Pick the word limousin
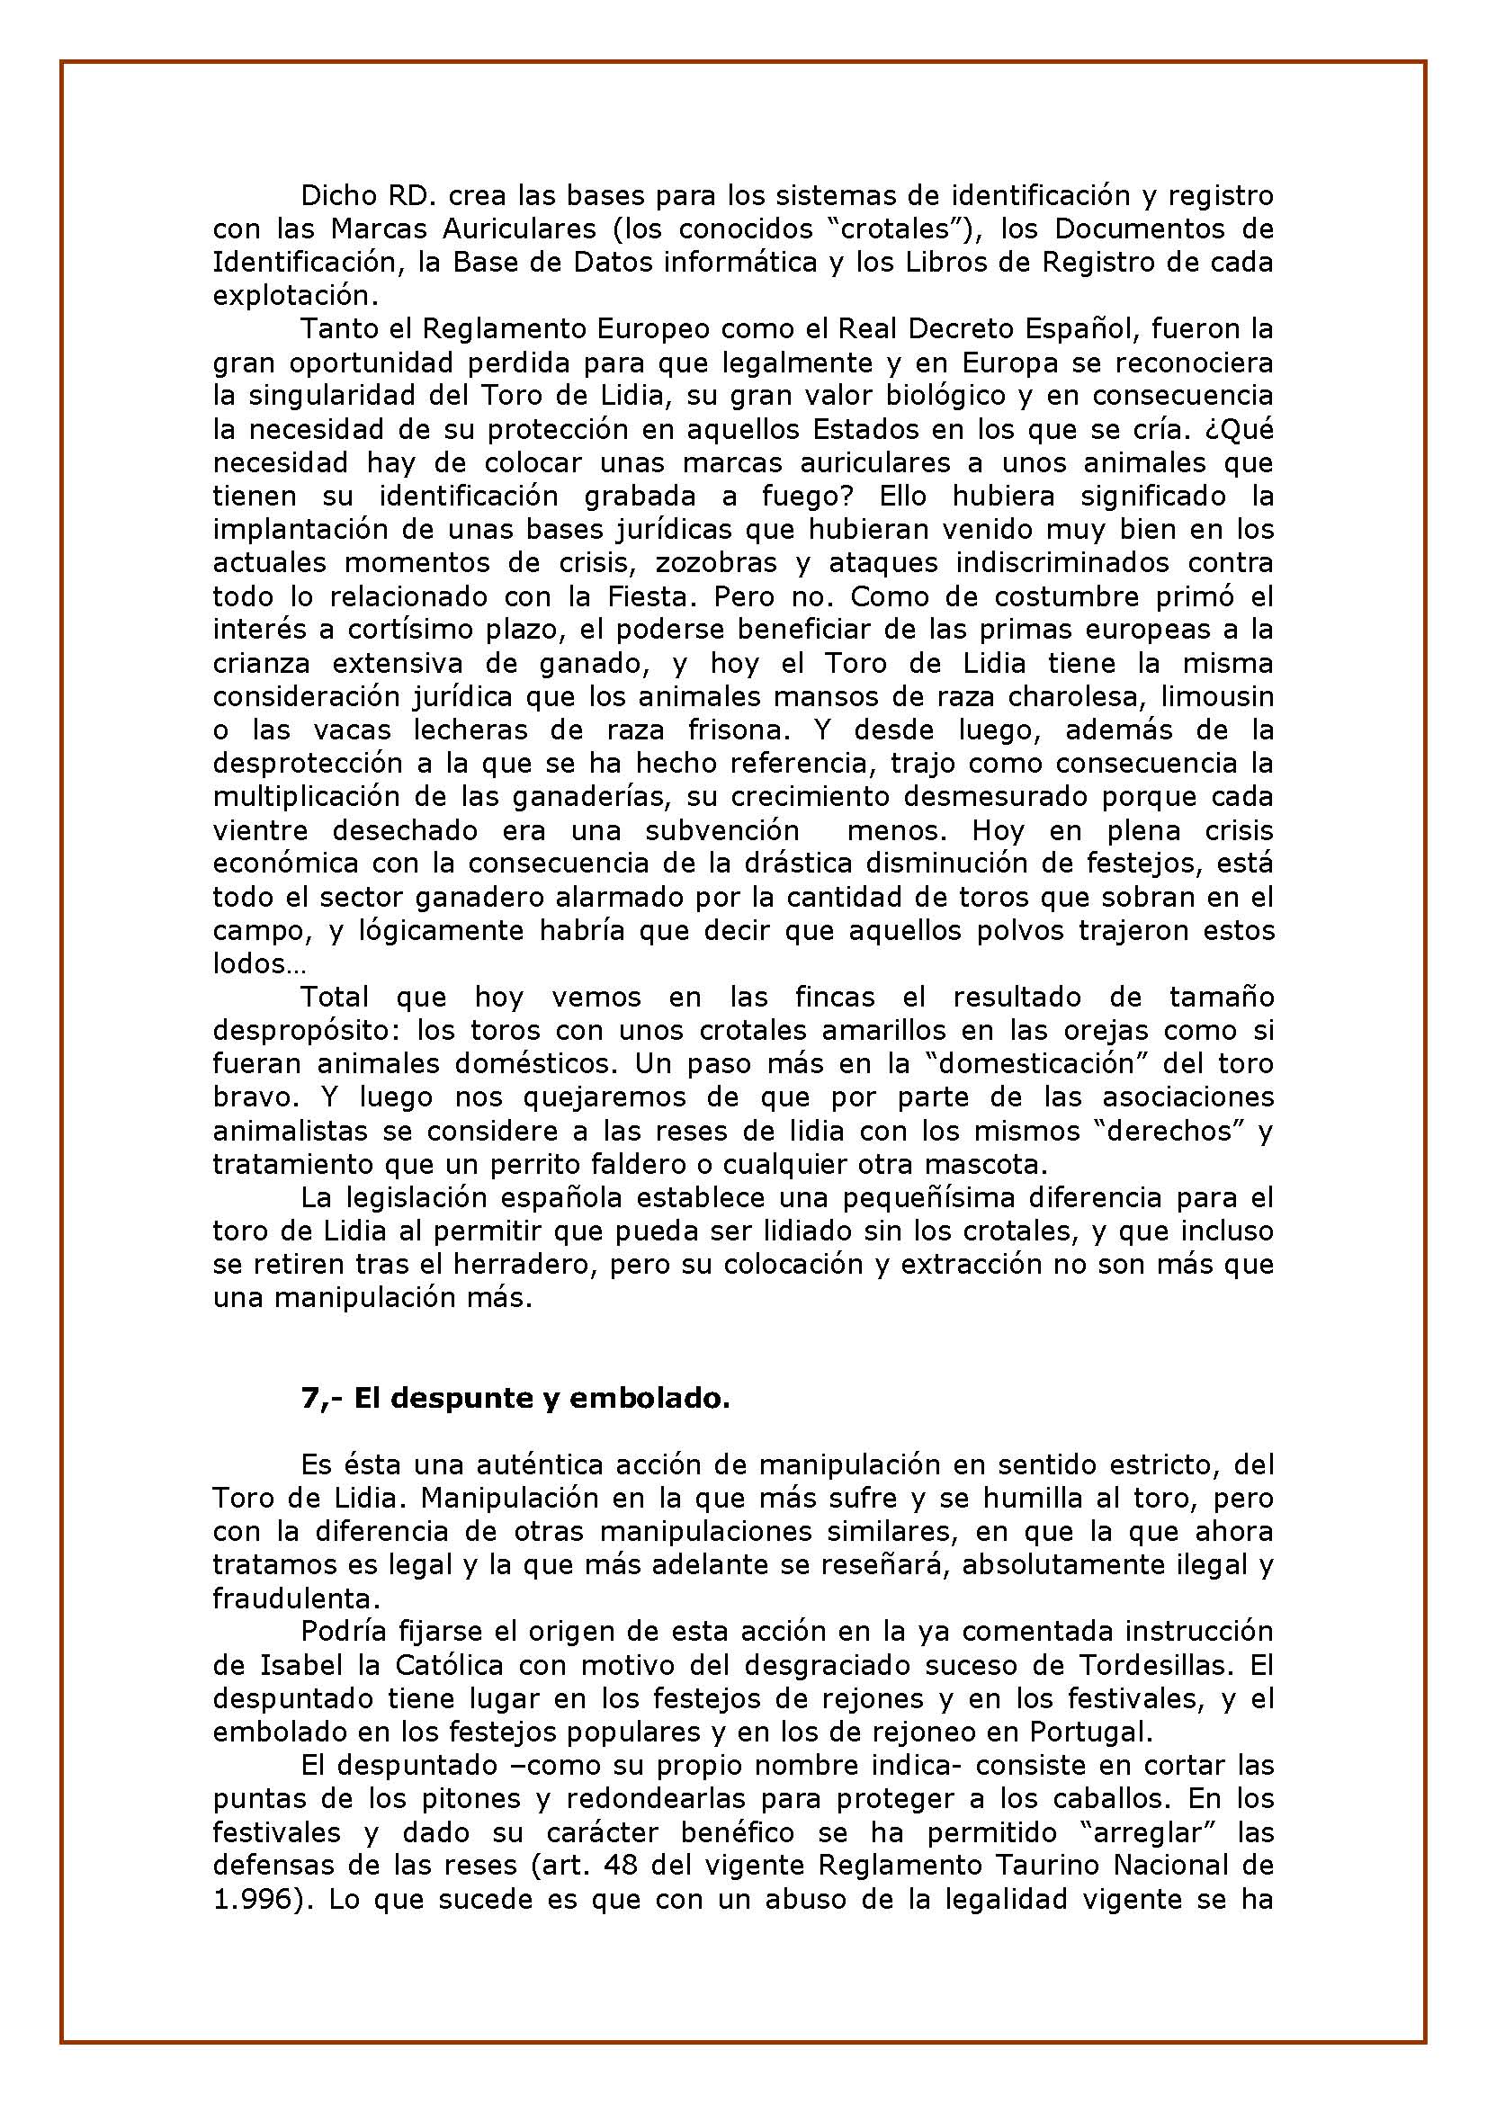click(x=1217, y=696)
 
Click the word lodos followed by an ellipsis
click(x=245, y=964)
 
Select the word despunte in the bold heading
click(x=473, y=1399)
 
